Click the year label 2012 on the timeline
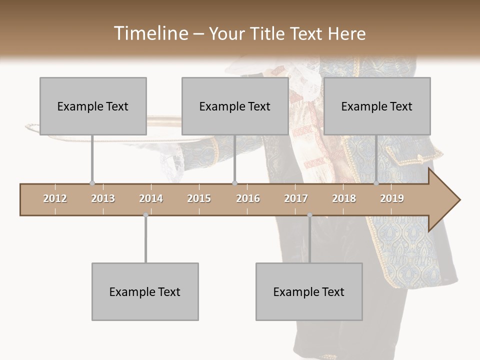click(x=55, y=198)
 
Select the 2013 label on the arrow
click(x=103, y=198)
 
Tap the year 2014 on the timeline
click(x=151, y=198)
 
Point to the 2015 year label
click(x=199, y=198)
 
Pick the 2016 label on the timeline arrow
click(x=248, y=198)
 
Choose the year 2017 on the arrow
click(x=296, y=198)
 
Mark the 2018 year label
click(x=344, y=198)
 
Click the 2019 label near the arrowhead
click(x=392, y=198)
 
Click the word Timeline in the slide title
click(x=150, y=33)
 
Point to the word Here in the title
click(x=346, y=33)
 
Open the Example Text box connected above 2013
click(x=93, y=106)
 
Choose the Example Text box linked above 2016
click(x=235, y=106)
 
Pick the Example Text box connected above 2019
click(x=377, y=106)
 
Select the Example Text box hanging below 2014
click(x=145, y=291)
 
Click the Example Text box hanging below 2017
click(x=309, y=291)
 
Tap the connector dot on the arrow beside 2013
click(x=92, y=183)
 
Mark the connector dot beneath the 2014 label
click(x=145, y=215)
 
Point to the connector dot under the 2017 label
click(x=309, y=215)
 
